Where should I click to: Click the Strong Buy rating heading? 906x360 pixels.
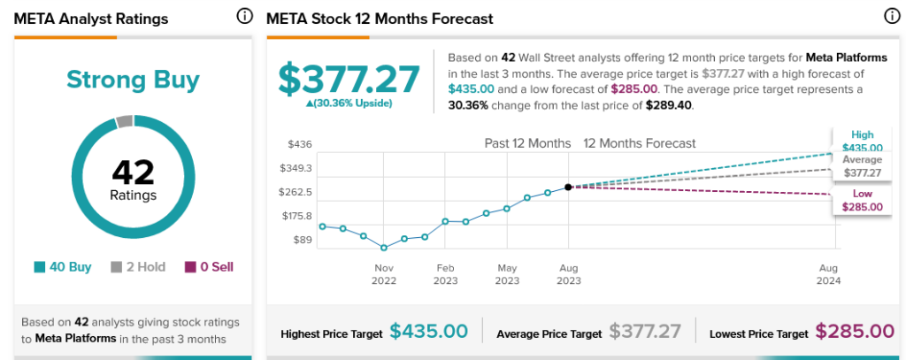point(133,80)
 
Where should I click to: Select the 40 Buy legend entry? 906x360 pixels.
point(63,266)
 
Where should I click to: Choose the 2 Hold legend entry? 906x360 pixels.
point(138,266)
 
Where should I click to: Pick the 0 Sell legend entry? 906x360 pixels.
point(210,266)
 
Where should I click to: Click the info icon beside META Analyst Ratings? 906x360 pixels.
point(244,17)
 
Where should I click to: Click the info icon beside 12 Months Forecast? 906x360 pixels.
point(892,17)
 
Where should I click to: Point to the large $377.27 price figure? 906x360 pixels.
point(349,80)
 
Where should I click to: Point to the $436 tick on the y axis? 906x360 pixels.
point(300,143)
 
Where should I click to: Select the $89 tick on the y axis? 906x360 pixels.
point(302,240)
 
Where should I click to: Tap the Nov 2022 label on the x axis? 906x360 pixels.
point(384,274)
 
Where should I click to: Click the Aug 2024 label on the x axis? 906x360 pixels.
point(829,274)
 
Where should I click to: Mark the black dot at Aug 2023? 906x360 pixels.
point(568,187)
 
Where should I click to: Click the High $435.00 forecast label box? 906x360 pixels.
point(862,142)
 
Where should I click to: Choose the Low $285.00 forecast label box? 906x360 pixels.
point(862,200)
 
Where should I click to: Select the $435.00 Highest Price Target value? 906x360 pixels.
point(429,332)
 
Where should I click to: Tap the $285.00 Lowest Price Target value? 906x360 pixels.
point(855,332)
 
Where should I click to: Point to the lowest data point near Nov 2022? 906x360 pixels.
point(384,248)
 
